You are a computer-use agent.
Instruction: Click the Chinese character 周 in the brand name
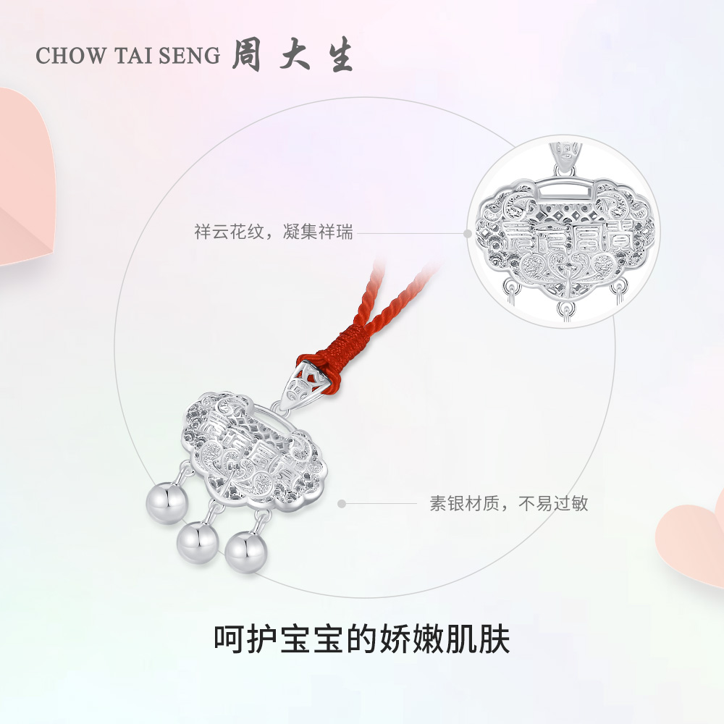[x=246, y=57]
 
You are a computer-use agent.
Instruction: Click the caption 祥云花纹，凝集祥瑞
[x=274, y=233]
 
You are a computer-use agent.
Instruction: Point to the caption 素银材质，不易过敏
[x=509, y=503]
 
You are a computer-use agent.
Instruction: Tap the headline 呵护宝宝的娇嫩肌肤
[x=362, y=639]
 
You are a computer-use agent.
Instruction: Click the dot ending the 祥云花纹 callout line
[x=468, y=233]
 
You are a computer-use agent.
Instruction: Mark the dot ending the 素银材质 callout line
[x=342, y=503]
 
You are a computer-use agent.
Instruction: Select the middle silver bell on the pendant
[x=194, y=537]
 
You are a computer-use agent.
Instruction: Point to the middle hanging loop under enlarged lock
[x=563, y=309]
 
